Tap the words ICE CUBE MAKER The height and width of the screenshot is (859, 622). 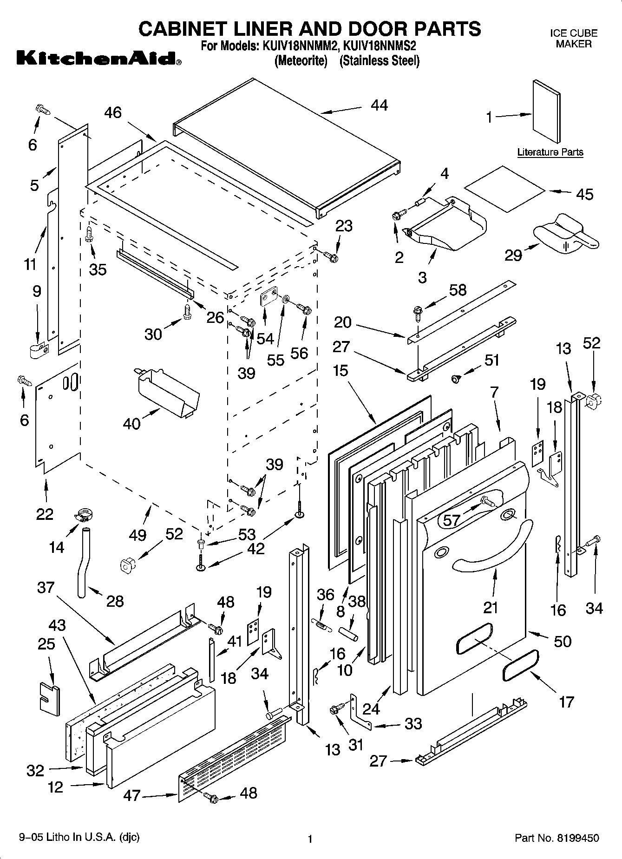click(574, 39)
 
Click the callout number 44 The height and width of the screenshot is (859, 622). click(379, 105)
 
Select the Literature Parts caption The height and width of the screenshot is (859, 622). click(550, 152)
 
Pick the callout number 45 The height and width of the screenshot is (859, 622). click(584, 194)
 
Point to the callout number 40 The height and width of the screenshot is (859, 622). click(132, 424)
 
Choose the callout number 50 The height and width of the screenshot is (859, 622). click(563, 641)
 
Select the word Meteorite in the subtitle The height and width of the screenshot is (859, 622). click(301, 61)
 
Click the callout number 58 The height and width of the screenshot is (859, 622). click(458, 290)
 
